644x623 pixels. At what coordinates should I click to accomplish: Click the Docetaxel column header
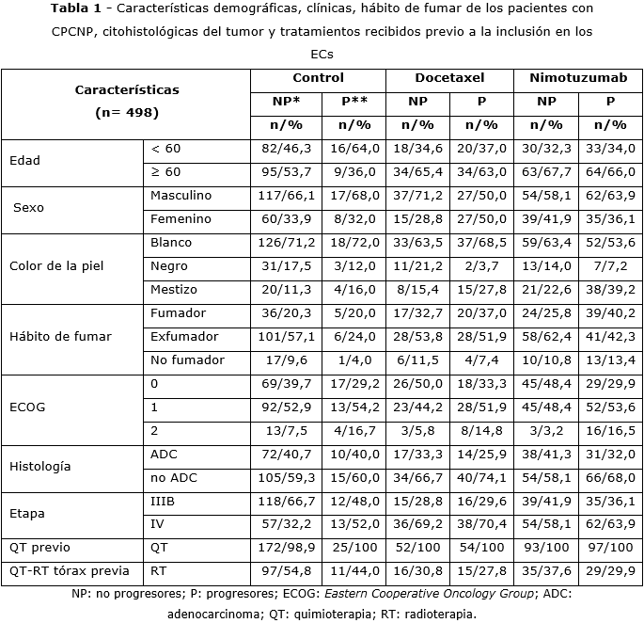[449, 78]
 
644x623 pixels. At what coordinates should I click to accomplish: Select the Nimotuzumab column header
[577, 78]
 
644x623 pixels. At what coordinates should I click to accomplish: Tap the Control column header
[318, 78]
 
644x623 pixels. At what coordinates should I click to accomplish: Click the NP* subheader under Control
[285, 102]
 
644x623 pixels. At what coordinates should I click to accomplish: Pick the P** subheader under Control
[353, 102]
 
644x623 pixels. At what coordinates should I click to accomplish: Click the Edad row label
[24, 160]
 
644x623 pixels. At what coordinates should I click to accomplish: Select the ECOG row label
[27, 407]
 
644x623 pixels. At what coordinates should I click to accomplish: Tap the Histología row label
[39, 466]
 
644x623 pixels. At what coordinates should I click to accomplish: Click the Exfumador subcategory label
[181, 336]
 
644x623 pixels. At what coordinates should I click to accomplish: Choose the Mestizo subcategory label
[174, 289]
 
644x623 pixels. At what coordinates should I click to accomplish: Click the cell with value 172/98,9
[285, 548]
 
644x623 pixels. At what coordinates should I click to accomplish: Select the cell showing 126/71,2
[285, 242]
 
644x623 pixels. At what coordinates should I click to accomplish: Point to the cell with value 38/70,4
[481, 524]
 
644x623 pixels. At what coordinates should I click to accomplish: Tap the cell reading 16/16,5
[610, 430]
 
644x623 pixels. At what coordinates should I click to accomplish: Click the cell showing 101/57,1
[285, 336]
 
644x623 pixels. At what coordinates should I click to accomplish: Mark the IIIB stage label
[163, 501]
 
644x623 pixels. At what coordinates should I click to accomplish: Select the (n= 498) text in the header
[127, 113]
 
